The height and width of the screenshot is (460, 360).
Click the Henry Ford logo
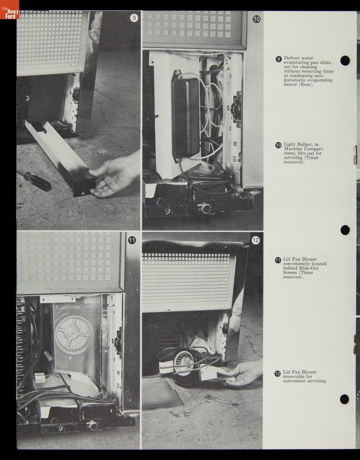10,10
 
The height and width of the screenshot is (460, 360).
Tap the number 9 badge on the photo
134,18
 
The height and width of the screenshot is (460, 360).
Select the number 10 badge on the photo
256,19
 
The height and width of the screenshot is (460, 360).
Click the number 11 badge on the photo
132,240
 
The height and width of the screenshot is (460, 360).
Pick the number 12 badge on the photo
256,240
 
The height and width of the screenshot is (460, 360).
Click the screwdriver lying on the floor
34,179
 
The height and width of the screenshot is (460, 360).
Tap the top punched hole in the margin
345,61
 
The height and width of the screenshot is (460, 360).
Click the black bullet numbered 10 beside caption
278,145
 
